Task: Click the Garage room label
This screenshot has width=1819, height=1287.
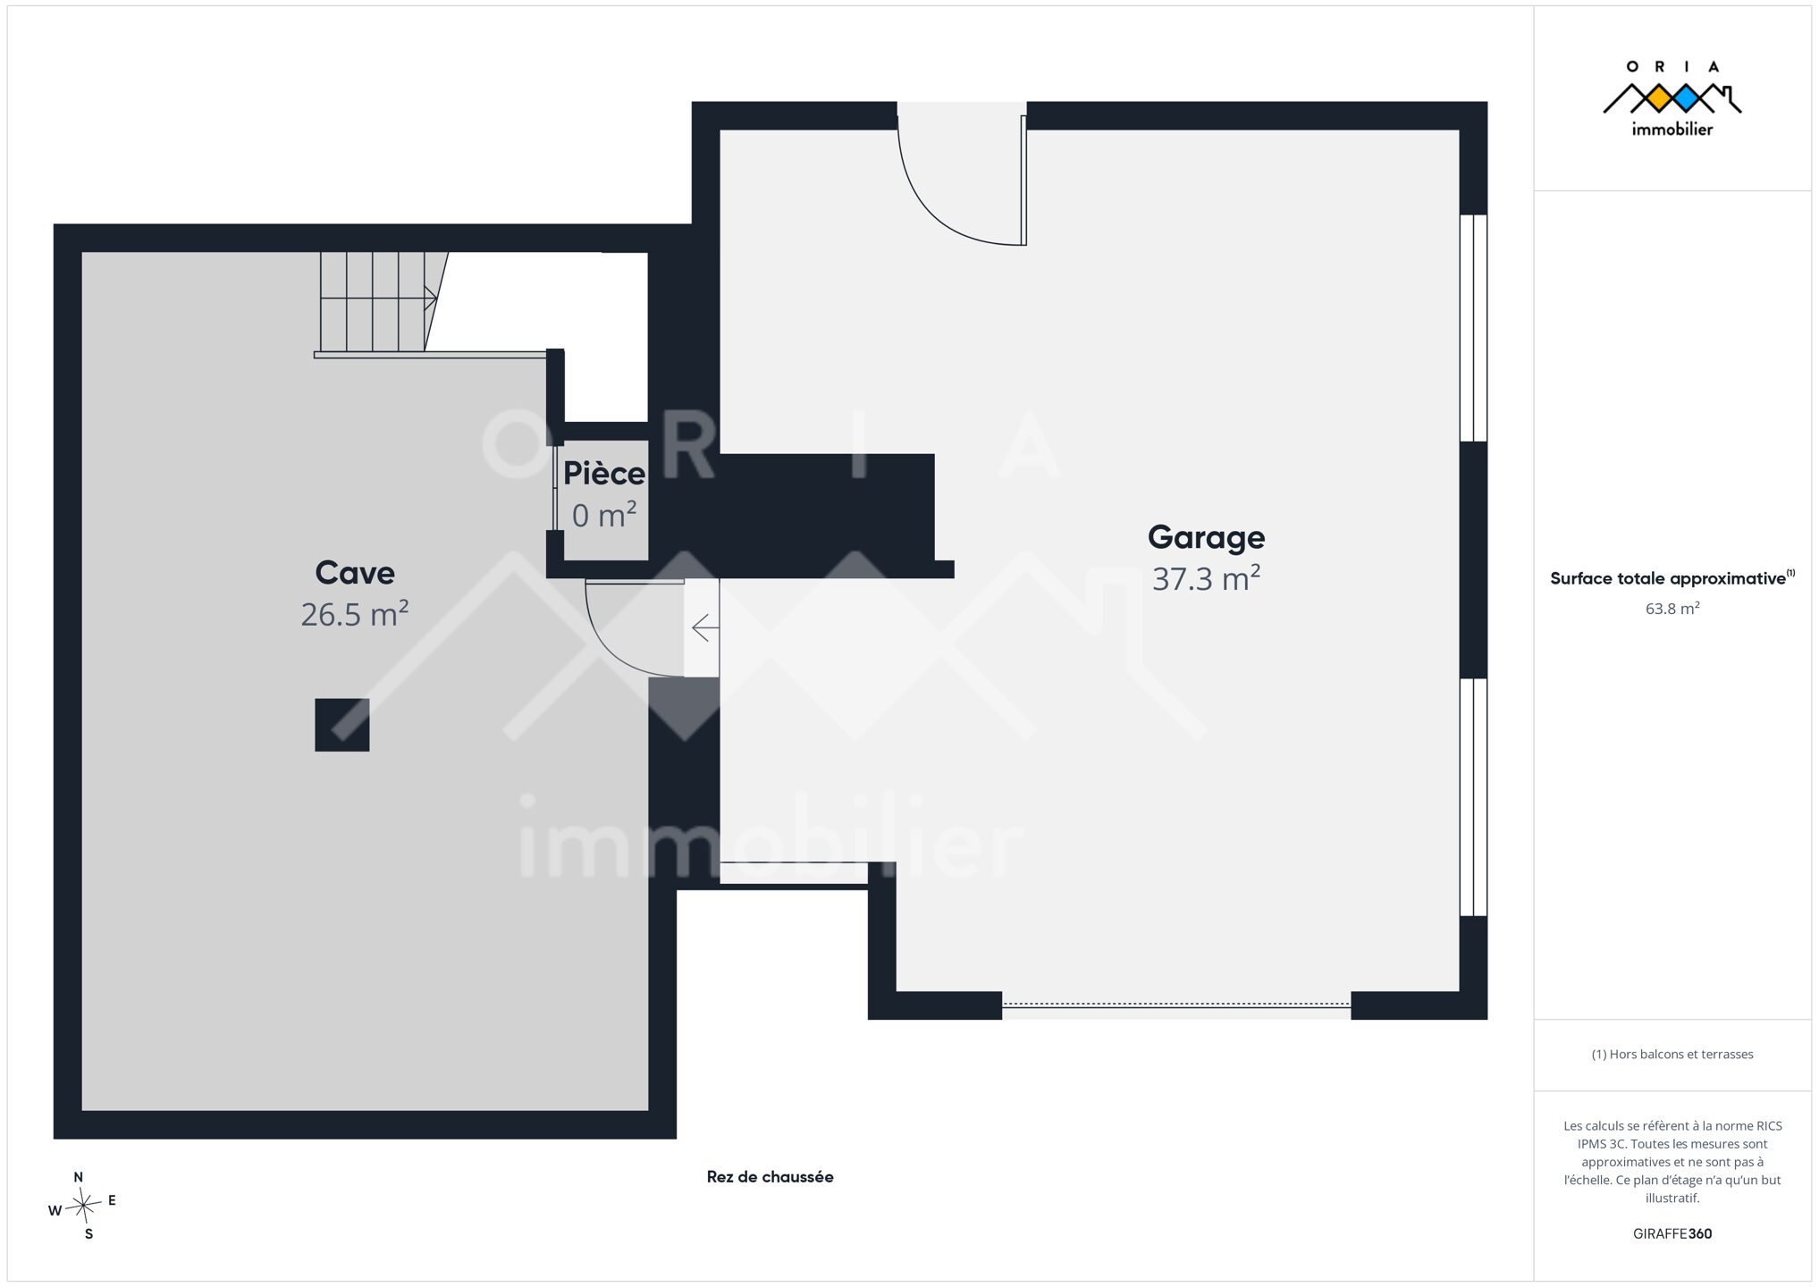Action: click(x=1206, y=537)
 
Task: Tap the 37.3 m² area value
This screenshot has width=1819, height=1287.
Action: click(x=1206, y=578)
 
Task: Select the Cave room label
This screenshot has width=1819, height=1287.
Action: click(x=355, y=572)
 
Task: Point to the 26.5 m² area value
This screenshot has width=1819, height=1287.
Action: click(x=355, y=614)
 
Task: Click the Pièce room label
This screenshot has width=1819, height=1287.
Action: click(x=604, y=473)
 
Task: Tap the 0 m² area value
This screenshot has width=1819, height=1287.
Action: click(x=604, y=515)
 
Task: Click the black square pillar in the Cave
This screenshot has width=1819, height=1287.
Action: click(x=342, y=725)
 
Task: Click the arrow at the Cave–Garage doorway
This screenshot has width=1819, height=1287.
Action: click(x=705, y=628)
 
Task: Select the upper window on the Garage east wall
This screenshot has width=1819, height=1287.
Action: click(x=1473, y=328)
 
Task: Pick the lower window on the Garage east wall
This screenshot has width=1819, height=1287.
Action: click(x=1473, y=797)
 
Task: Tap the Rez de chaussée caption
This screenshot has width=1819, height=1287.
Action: click(x=770, y=1177)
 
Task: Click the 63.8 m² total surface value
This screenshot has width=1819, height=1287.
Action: click(x=1672, y=609)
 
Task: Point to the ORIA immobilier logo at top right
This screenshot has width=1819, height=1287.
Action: click(x=1672, y=98)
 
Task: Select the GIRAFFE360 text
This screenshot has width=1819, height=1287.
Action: click(x=1672, y=1233)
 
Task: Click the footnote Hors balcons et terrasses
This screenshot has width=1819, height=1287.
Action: click(x=1672, y=1055)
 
